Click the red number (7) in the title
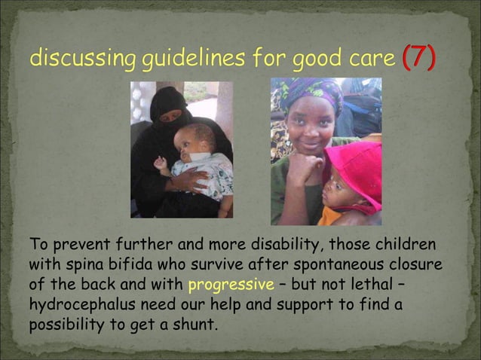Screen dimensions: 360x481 (x=418, y=57)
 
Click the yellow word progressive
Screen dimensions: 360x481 (x=224, y=285)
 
